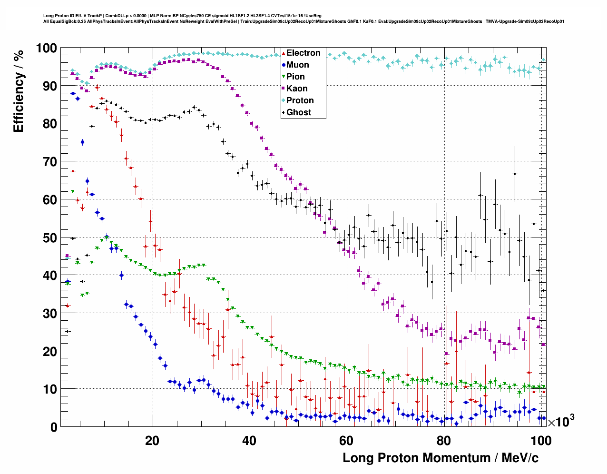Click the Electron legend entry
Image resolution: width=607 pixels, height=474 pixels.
pos(303,53)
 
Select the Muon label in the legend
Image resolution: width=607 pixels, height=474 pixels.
pos(297,65)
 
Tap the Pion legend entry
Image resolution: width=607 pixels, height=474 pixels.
pos(295,77)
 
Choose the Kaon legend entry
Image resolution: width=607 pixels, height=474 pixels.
pos(297,89)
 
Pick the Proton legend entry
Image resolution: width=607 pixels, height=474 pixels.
pos(300,100)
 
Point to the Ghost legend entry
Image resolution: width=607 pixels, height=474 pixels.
pos(298,112)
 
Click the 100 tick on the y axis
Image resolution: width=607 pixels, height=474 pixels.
pos(46,49)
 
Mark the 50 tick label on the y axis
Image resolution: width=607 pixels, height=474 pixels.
pos(49,238)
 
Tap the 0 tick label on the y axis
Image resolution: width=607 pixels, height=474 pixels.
pos(53,427)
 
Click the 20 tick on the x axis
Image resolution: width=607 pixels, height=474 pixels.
pos(152,441)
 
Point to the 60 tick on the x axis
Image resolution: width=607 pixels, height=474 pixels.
pos(346,441)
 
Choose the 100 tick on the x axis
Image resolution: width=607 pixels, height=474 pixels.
pos(541,441)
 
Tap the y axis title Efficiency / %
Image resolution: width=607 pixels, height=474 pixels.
pos(19,90)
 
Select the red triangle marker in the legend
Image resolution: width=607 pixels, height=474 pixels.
pos(284,53)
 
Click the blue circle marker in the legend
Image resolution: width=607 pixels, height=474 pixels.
pos(284,65)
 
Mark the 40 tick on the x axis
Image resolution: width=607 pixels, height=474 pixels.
pos(249,441)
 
